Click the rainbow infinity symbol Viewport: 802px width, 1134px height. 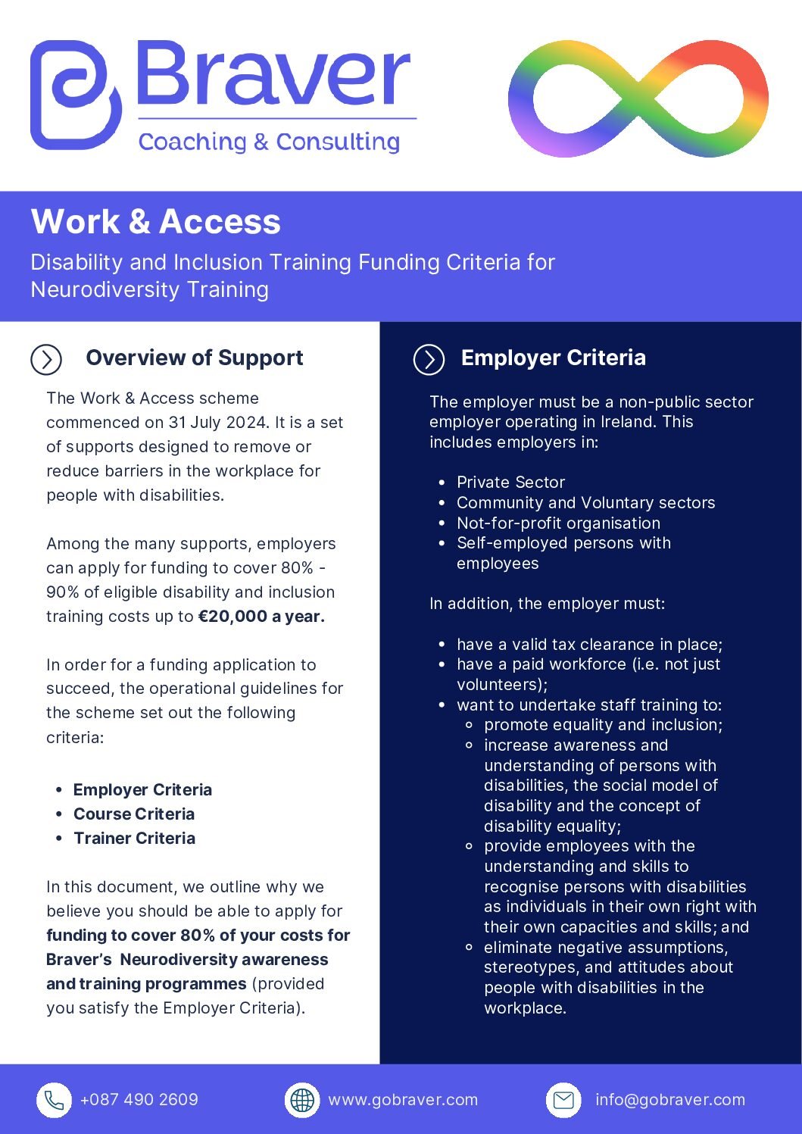638,99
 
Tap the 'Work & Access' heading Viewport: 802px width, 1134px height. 156,222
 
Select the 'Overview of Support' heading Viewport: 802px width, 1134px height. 195,358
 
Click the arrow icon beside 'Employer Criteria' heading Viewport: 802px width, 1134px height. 429,359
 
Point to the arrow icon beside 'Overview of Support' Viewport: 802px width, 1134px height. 46,359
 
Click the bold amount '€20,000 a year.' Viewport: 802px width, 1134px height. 261,617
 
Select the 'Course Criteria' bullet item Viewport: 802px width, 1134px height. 134,814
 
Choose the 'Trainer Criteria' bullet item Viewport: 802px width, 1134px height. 134,839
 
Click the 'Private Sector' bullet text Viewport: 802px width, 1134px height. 510,483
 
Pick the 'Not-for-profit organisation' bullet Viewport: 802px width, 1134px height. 558,523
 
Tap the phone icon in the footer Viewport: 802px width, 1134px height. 55,1100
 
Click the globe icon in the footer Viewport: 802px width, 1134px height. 302,1100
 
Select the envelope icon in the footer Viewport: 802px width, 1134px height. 563,1100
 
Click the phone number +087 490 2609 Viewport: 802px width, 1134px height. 139,1100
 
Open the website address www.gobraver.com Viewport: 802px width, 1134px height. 403,1100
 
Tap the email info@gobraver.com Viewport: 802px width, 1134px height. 670,1100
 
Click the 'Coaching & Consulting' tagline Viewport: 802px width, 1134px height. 269,142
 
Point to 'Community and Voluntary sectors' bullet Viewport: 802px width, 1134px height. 585,503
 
